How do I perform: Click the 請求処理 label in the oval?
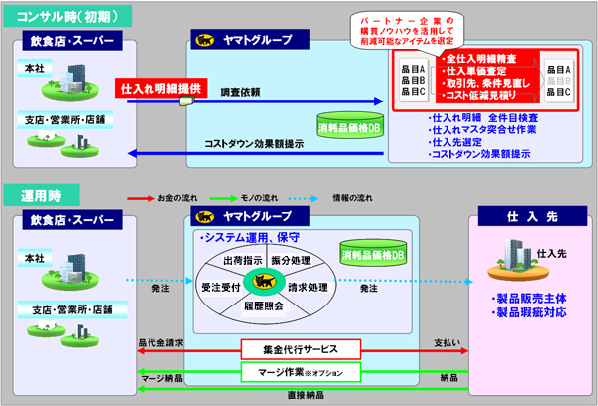[305, 286]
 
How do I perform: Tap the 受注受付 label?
[220, 286]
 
